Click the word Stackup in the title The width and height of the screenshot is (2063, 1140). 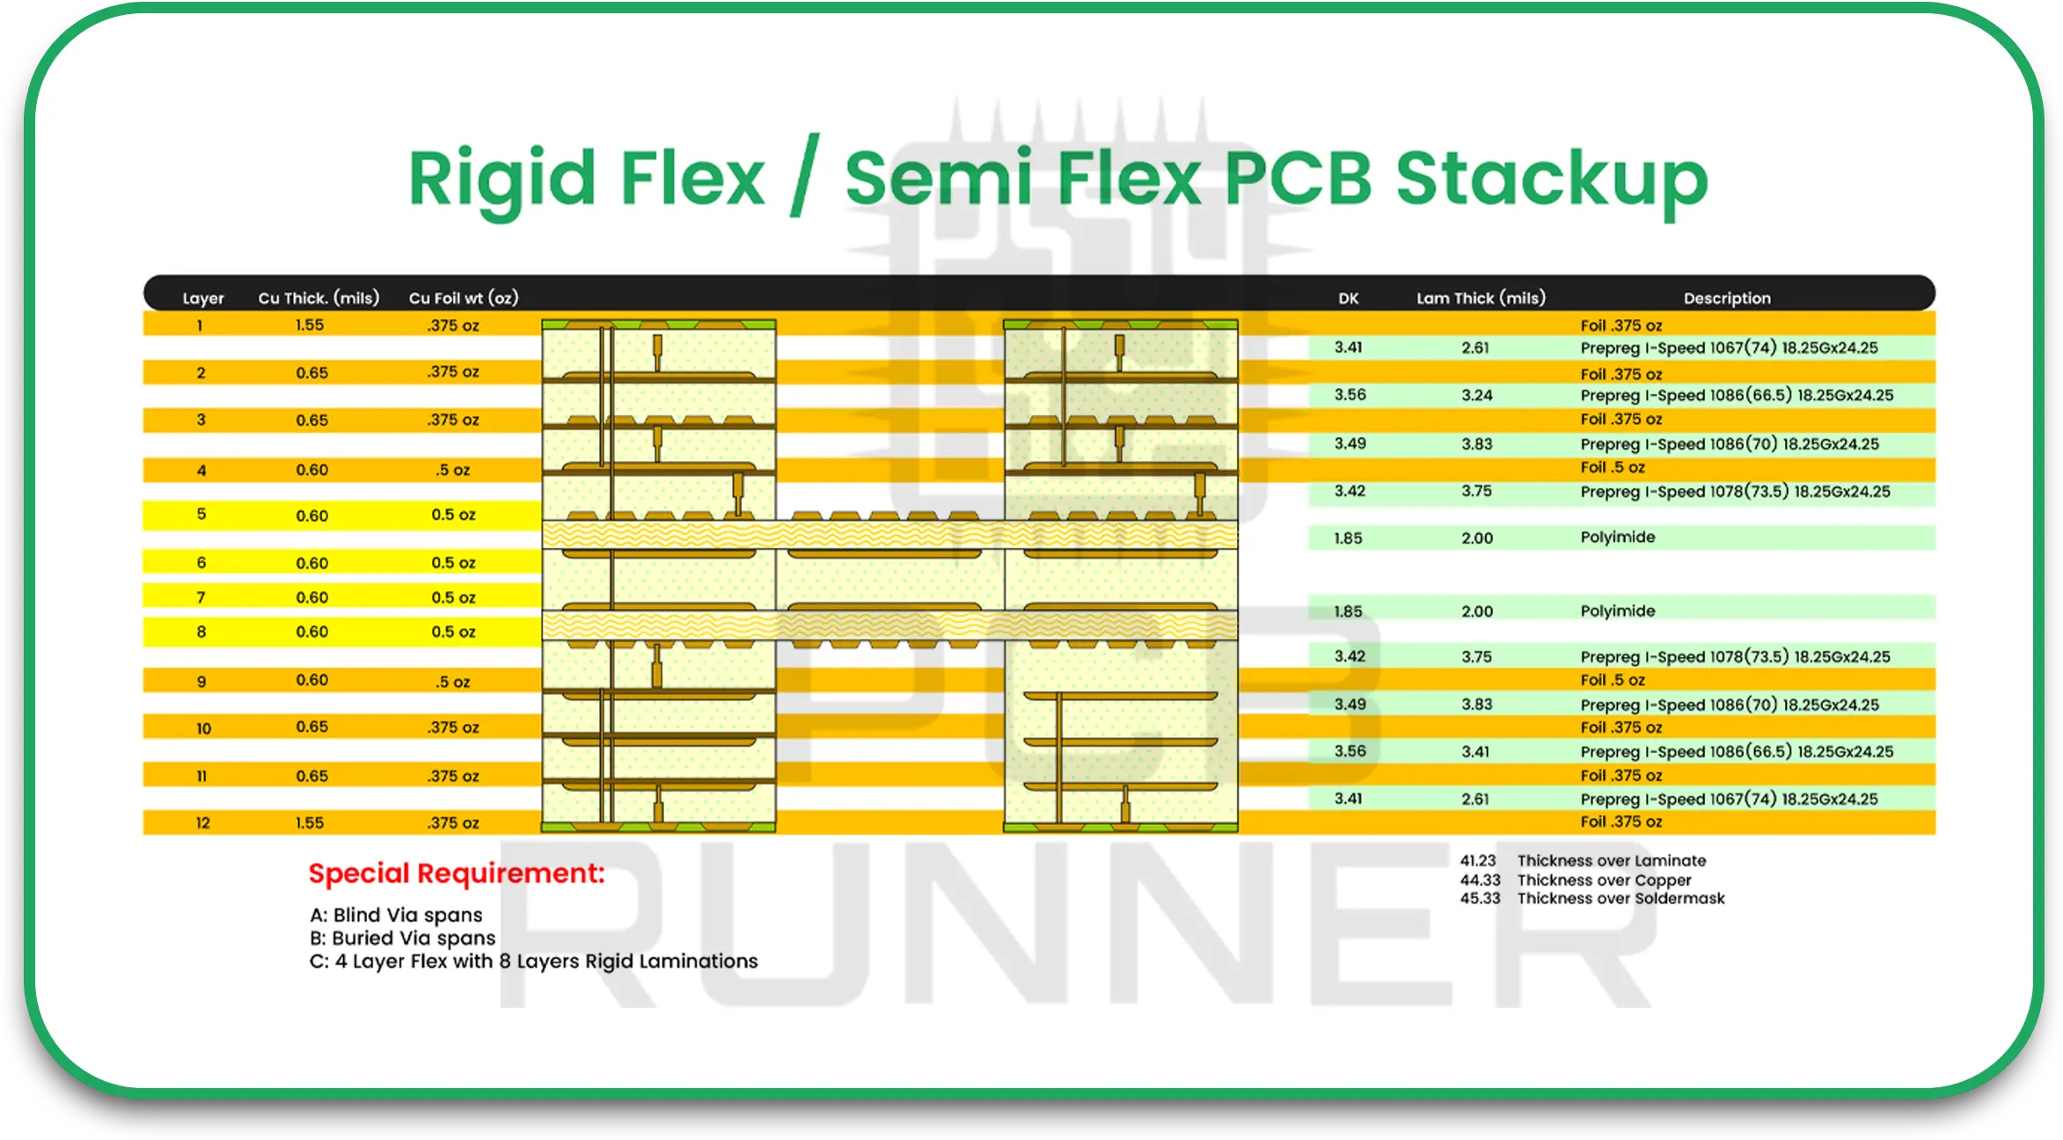pos(1551,179)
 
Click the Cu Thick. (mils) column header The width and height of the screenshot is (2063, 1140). pos(318,298)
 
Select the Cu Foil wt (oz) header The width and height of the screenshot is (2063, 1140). pos(463,298)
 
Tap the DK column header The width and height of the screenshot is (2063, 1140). pos(1348,298)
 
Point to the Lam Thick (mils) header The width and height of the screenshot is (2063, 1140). pos(1481,298)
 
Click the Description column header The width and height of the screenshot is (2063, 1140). pos(1727,298)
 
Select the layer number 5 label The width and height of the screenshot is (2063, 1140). pos(201,514)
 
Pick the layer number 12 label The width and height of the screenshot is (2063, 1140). pos(202,822)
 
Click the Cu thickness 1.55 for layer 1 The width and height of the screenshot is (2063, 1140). pos(310,325)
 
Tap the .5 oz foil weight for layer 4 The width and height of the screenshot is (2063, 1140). pos(453,470)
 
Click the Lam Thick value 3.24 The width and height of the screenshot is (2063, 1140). pos(1477,395)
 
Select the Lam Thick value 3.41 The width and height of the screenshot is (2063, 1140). pos(1475,751)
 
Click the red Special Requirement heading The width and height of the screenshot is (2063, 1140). pos(457,873)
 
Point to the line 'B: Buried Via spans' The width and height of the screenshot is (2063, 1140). pos(402,938)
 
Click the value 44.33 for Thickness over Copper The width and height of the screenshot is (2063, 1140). pos(1480,880)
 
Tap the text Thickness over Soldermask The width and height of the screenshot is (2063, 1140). pos(1620,898)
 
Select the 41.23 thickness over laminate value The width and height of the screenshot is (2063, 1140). pos(1478,860)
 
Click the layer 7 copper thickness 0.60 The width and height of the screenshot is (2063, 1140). pos(312,597)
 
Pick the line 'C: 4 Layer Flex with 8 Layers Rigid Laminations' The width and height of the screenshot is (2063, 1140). pos(533,961)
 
